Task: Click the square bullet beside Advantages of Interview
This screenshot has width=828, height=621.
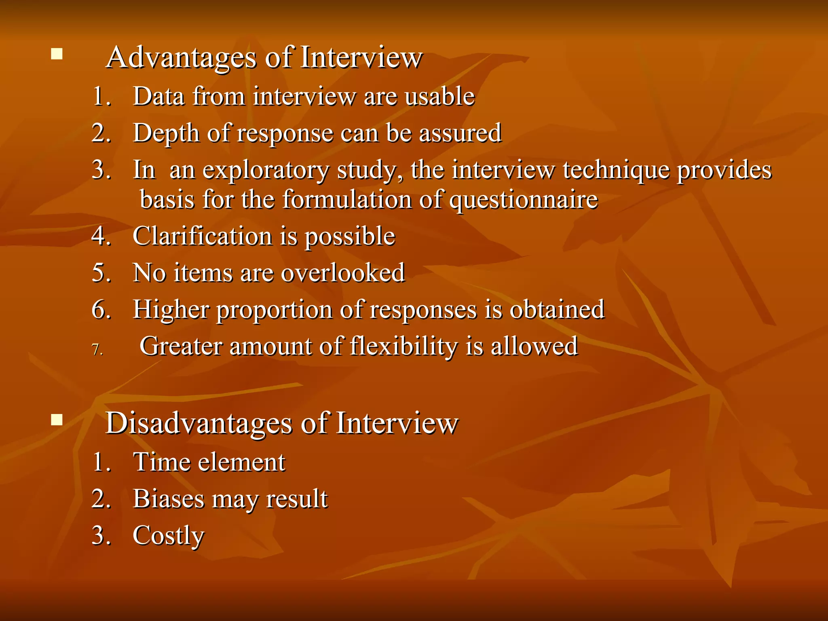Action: click(x=57, y=54)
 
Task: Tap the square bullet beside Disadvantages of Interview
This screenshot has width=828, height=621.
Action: click(x=57, y=420)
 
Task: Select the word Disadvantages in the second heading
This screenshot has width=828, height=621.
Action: click(x=199, y=424)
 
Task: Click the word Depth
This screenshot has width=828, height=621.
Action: click(x=166, y=133)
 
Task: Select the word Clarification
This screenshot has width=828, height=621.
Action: click(x=202, y=236)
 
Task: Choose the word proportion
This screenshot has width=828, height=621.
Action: click(x=274, y=310)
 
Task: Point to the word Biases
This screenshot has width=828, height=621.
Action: click(x=169, y=498)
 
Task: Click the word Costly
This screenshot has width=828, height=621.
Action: click(x=169, y=536)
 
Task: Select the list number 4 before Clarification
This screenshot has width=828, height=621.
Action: click(x=99, y=236)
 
